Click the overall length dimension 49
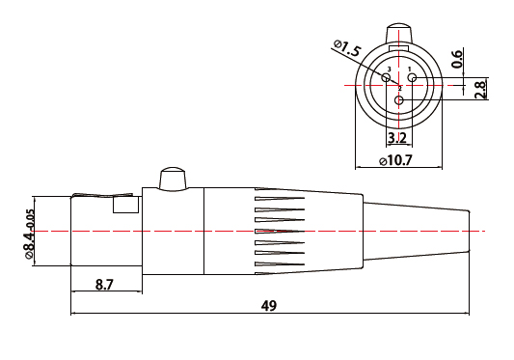(269, 306)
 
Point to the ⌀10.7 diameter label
(397, 159)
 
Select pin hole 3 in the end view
(387, 78)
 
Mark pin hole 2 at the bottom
(399, 99)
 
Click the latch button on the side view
(172, 179)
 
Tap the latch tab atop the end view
(399, 32)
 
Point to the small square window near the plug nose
(125, 204)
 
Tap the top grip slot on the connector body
(280, 202)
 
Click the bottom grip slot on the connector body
(280, 263)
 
